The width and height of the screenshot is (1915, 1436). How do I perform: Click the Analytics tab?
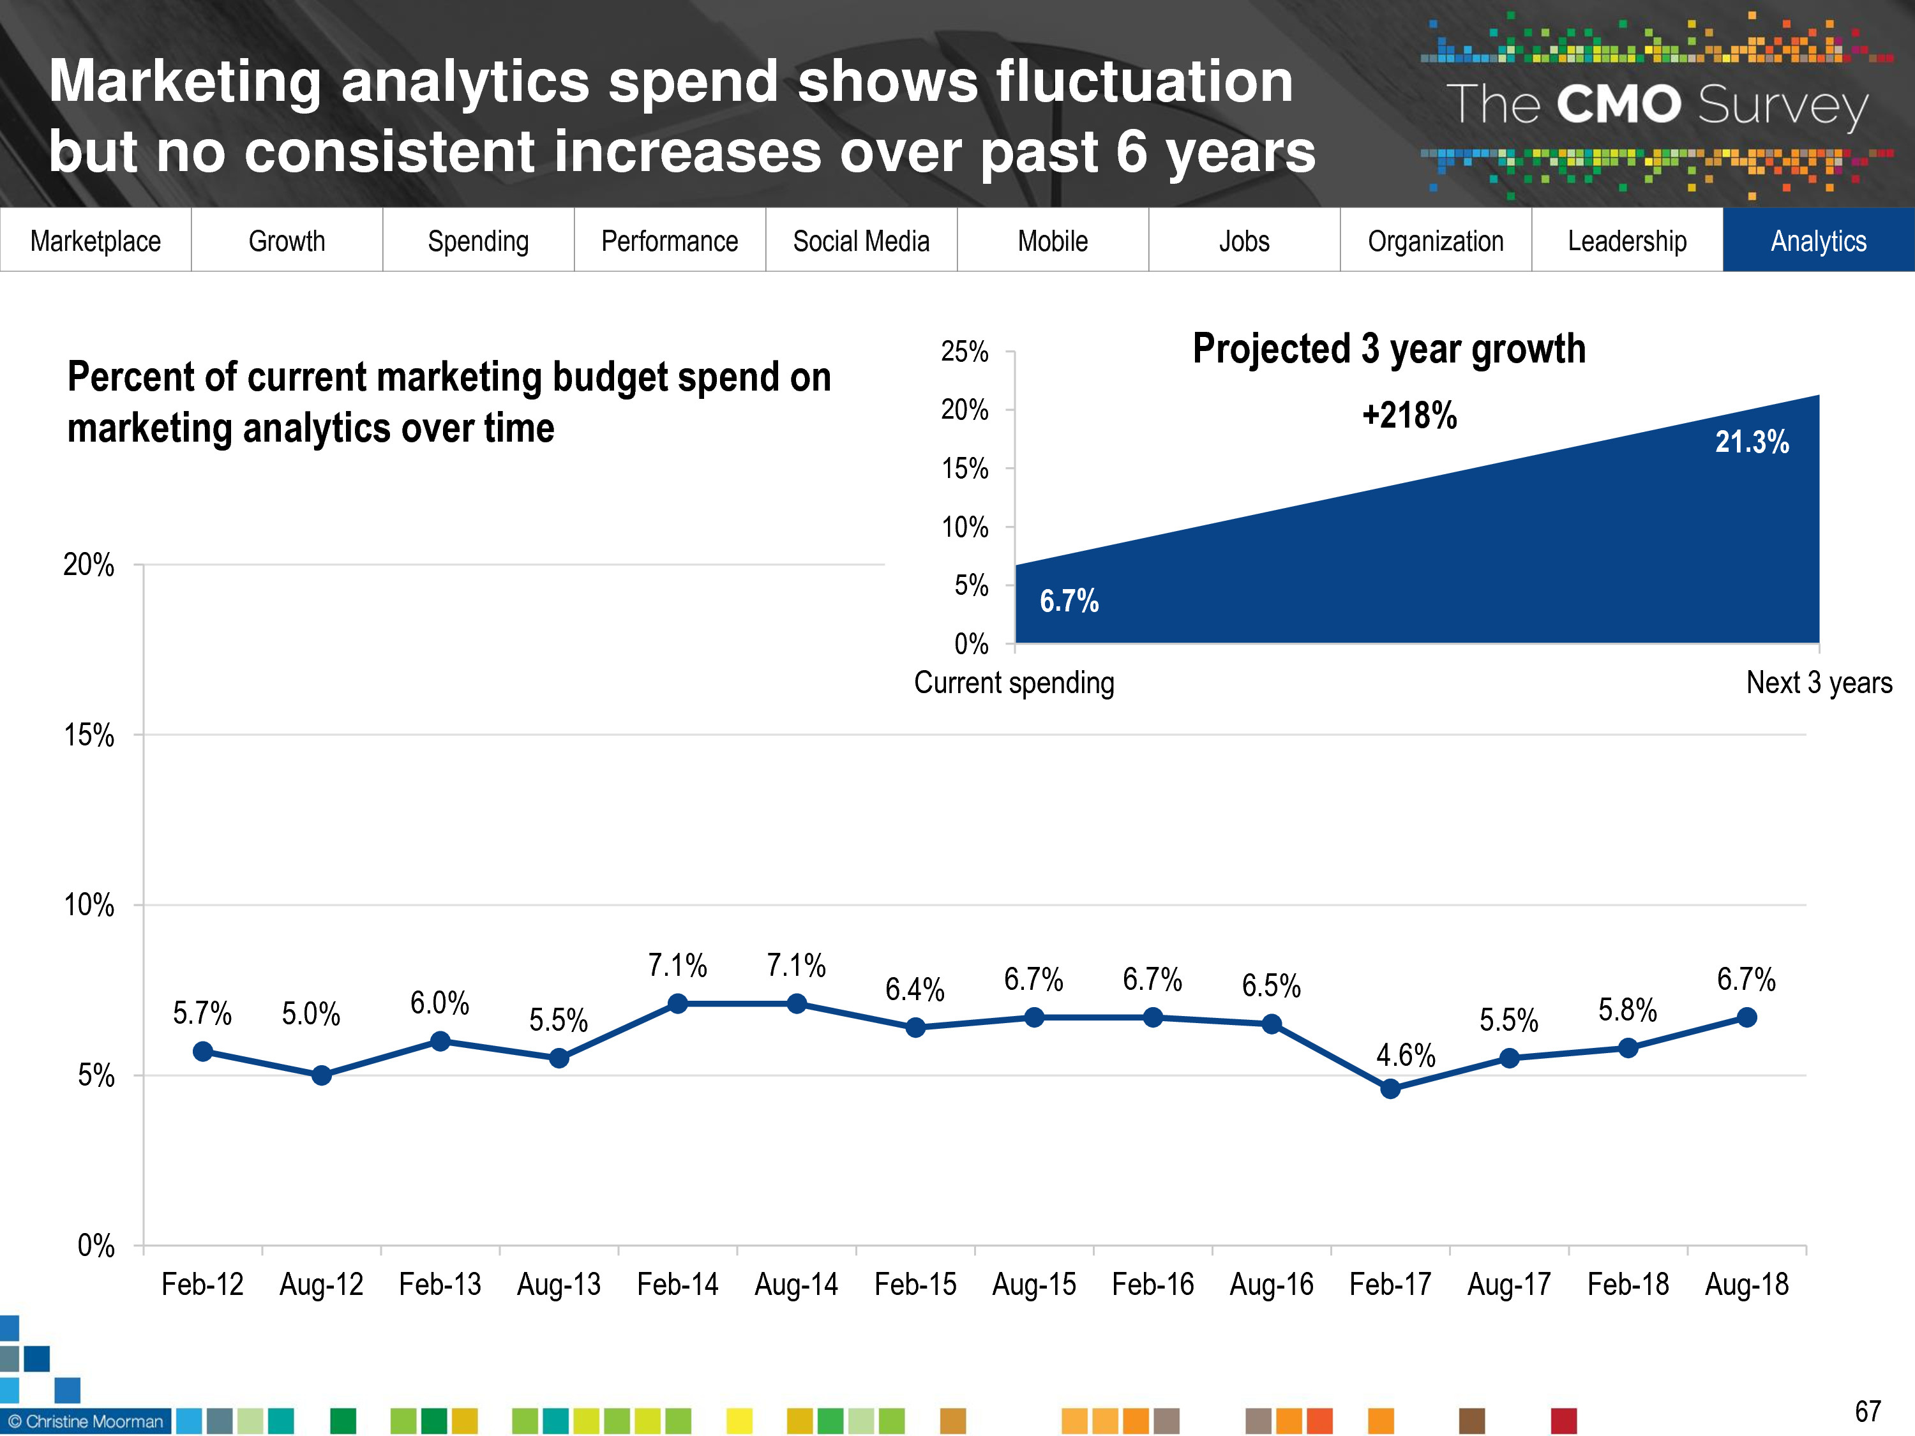tap(1818, 241)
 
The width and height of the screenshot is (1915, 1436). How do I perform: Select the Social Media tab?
tap(860, 241)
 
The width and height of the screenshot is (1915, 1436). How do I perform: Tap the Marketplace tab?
tap(95, 241)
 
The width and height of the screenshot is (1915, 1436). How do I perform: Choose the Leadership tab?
tap(1626, 241)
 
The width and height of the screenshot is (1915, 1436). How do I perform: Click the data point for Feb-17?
tap(1390, 1089)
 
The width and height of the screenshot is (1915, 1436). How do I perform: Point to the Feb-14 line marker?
tap(678, 1004)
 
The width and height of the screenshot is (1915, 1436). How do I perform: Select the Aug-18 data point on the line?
tap(1747, 1017)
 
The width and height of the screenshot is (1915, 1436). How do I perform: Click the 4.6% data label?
tap(1405, 1055)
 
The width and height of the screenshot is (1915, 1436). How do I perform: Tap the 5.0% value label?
tap(311, 1013)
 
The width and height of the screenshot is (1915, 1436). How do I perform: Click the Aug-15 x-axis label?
tap(1033, 1283)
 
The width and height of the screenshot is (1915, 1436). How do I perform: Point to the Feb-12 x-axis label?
tap(202, 1283)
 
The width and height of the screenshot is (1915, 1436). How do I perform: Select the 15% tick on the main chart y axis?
tap(89, 735)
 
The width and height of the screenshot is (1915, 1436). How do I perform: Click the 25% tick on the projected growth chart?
tap(965, 352)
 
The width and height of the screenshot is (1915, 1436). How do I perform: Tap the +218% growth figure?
tap(1409, 415)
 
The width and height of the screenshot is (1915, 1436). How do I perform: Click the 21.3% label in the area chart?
tap(1752, 442)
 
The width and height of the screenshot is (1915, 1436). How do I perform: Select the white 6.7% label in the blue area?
tap(1069, 601)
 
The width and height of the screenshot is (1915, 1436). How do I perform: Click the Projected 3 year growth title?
tap(1388, 349)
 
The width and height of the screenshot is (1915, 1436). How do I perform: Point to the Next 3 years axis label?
tap(1819, 683)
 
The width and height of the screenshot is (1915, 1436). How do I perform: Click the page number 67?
tap(1867, 1412)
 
